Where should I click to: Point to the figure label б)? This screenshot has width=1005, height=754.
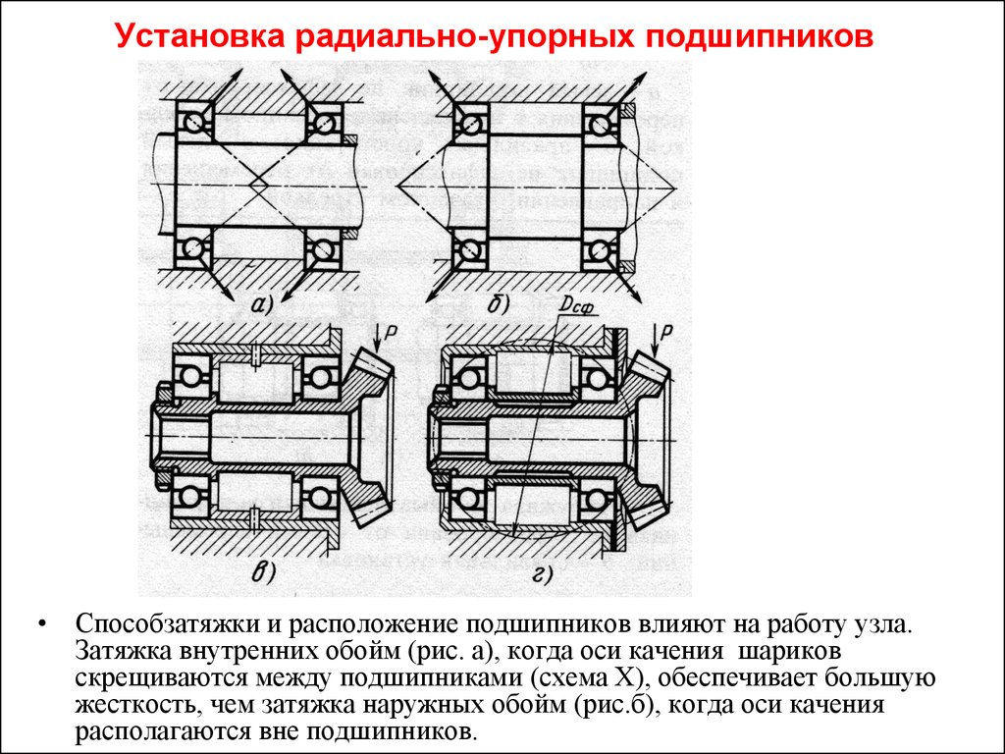pos(498,304)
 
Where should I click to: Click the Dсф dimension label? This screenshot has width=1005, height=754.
pos(576,307)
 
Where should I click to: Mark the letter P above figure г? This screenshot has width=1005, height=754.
pos(667,331)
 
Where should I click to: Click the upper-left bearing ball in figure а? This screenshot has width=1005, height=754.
pos(194,121)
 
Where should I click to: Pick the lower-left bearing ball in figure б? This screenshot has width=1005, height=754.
pos(472,248)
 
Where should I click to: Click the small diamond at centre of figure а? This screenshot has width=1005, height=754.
pos(259,185)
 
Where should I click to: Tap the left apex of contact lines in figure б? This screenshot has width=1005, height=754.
pos(397,186)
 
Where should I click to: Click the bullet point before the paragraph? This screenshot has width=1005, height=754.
pos(42,623)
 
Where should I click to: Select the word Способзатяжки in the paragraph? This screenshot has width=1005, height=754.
pos(167,623)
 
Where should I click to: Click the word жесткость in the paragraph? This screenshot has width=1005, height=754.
pos(132,705)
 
